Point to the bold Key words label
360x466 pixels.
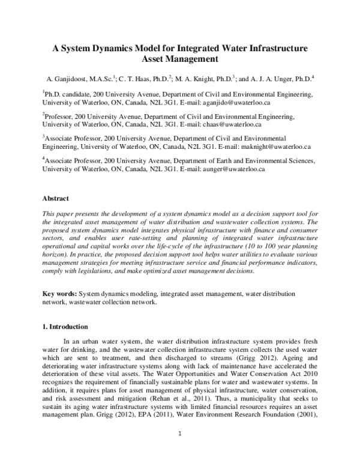pyautogui.click(x=60, y=294)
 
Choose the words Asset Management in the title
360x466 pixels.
pyautogui.click(x=179, y=59)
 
